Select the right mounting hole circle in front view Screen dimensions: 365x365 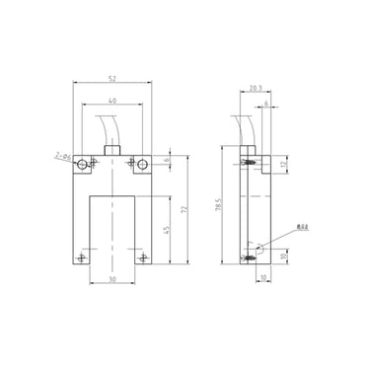[x=143, y=164]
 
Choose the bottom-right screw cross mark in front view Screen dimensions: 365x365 [x=144, y=257]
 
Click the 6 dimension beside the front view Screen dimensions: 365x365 [x=166, y=161]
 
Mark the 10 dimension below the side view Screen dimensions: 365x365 [x=262, y=278]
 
